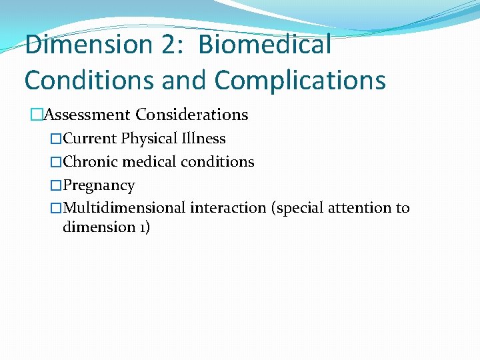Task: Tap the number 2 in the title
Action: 167,45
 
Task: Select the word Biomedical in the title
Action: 265,45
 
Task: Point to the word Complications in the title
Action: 300,81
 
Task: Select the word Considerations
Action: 192,115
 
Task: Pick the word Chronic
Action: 90,162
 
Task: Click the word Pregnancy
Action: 99,185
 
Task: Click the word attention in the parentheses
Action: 364,208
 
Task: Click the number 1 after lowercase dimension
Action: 140,227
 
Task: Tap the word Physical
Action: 148,139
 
